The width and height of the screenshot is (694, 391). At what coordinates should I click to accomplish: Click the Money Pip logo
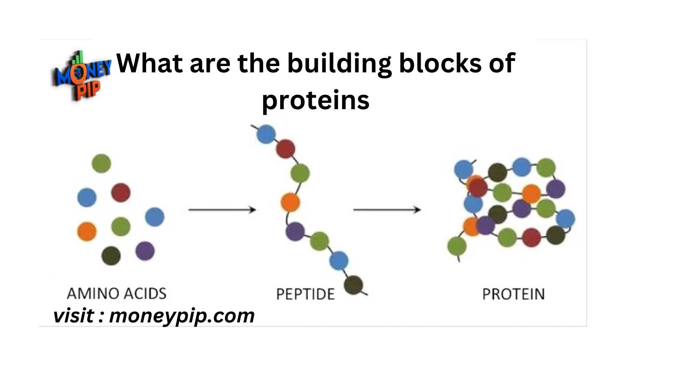tap(81, 76)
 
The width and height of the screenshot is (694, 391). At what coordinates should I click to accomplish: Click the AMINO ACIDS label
tap(116, 293)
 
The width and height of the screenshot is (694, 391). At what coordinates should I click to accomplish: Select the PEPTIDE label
tap(306, 294)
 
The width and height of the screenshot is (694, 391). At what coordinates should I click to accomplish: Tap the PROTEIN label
tap(513, 294)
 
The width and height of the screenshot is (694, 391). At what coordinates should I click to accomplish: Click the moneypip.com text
tap(182, 316)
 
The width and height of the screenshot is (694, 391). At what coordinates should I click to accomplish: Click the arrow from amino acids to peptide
tap(222, 210)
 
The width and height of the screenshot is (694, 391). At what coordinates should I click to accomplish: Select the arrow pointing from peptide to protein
tap(387, 210)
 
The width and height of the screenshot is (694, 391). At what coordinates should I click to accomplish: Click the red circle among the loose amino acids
tap(121, 193)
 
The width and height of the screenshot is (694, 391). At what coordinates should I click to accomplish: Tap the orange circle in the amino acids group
tap(87, 231)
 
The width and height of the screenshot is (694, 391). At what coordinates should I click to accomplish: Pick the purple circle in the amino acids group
tap(145, 251)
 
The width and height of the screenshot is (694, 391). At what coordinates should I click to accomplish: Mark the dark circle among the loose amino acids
tap(111, 256)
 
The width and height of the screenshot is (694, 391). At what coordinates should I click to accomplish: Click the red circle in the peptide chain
tap(285, 149)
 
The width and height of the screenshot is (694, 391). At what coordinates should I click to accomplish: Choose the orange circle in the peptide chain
tap(290, 202)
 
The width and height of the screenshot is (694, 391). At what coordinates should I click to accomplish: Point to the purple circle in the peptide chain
tap(295, 231)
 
